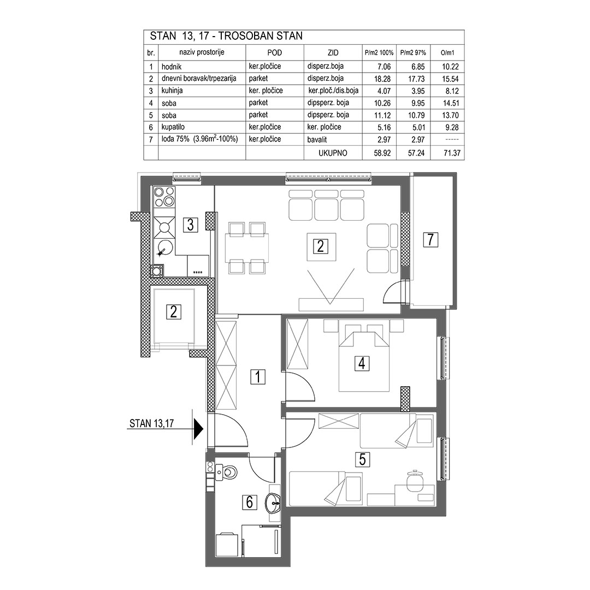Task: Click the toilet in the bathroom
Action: [x=228, y=471]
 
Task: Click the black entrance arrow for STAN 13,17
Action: [x=198, y=429]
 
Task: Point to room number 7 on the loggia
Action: [x=430, y=239]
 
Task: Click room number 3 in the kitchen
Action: [x=191, y=225]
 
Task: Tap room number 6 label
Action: [x=249, y=503]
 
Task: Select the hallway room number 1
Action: [x=258, y=376]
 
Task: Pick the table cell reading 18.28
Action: [x=382, y=79]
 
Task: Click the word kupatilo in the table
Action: [x=173, y=127]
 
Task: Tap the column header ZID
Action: [x=333, y=52]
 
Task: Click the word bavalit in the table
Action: [x=317, y=140]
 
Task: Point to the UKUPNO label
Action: [x=333, y=153]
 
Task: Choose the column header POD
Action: [x=274, y=52]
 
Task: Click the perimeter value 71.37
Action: [x=452, y=153]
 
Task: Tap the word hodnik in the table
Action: [x=172, y=67]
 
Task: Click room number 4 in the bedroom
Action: [x=362, y=363]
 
